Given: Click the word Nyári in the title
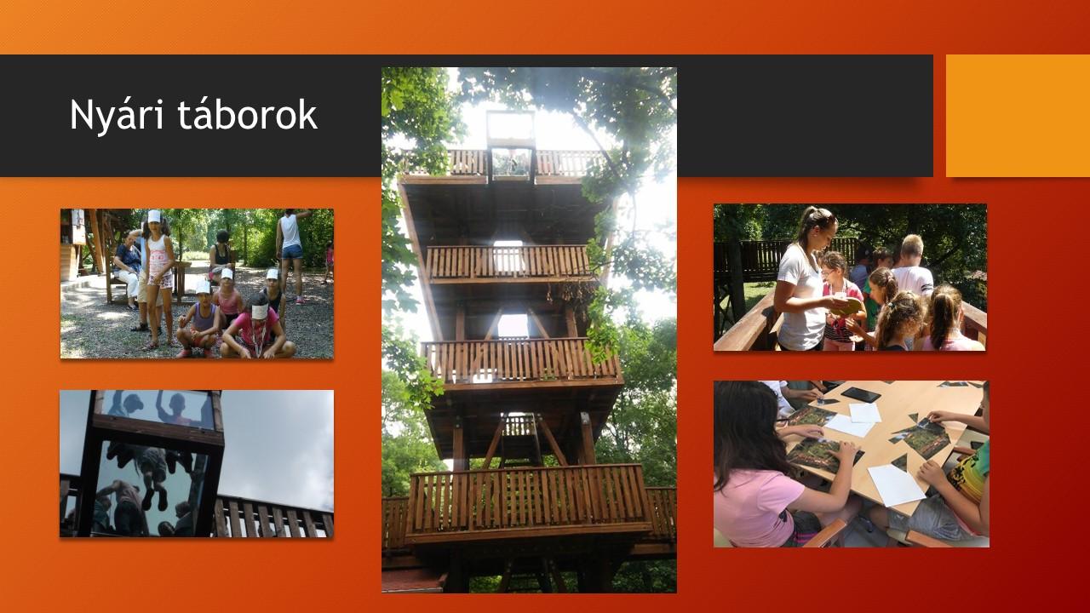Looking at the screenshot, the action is (x=117, y=115).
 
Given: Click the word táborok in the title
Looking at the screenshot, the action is (x=247, y=114).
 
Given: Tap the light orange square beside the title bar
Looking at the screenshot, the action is (x=1018, y=115).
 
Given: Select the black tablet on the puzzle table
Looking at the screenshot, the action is (x=861, y=394).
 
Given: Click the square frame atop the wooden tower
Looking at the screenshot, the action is (x=510, y=128).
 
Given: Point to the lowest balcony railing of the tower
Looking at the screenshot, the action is (x=528, y=501).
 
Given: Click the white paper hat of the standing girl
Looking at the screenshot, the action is (x=154, y=216).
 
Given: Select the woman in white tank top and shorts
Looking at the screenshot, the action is (x=292, y=253).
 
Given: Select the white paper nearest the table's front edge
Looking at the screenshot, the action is (x=896, y=485).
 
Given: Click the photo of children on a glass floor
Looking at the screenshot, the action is (x=197, y=464).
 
